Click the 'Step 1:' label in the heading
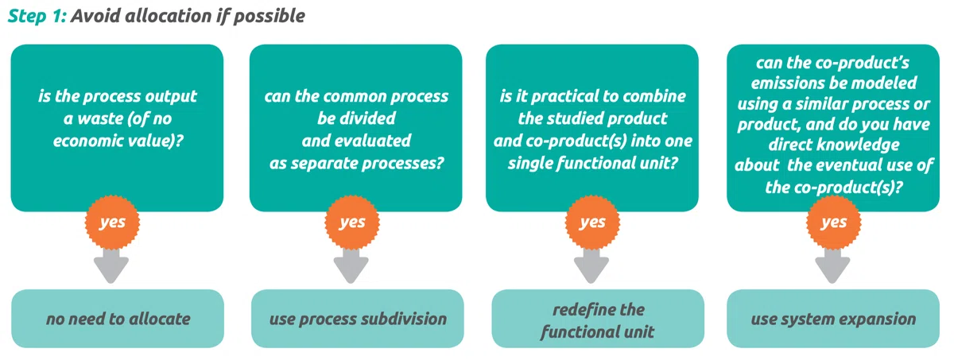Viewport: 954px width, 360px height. pyautogui.click(x=37, y=16)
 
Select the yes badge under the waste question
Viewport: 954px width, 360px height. pyautogui.click(x=112, y=223)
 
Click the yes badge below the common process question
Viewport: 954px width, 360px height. pyautogui.click(x=351, y=223)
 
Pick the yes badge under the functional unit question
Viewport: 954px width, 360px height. pyautogui.click(x=592, y=223)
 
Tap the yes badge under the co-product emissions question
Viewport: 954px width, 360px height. pyautogui.click(x=833, y=223)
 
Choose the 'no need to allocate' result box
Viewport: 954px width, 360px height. pyautogui.click(x=118, y=319)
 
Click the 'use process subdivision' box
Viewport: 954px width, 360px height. pyautogui.click(x=357, y=319)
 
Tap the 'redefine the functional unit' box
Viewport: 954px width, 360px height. pyautogui.click(x=598, y=319)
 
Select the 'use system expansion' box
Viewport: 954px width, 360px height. pyautogui.click(x=833, y=319)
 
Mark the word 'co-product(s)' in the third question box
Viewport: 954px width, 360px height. pyautogui.click(x=576, y=141)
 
